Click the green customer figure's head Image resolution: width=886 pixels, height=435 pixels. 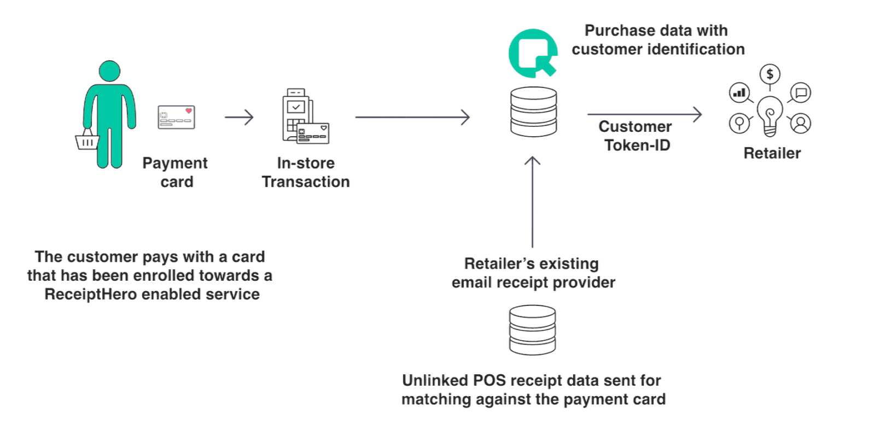click(110, 72)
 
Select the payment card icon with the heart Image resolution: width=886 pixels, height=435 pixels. click(177, 118)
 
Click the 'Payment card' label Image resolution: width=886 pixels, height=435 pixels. click(176, 172)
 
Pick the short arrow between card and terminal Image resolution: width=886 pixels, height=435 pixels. click(239, 117)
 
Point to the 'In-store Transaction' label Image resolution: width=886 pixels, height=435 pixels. click(305, 172)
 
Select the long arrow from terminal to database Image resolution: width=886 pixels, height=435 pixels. click(412, 117)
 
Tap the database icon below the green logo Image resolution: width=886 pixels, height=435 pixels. click(533, 112)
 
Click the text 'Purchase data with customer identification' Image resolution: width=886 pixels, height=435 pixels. click(658, 39)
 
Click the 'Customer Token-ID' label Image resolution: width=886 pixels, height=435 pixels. click(636, 135)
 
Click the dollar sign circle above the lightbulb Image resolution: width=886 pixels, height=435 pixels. click(770, 74)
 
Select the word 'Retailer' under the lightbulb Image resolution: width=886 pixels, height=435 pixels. click(772, 153)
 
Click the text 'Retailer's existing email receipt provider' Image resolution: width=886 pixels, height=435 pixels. click(532, 273)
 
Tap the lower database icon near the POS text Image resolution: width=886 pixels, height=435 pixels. click(533, 330)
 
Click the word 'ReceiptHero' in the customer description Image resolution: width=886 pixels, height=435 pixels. click(91, 294)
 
